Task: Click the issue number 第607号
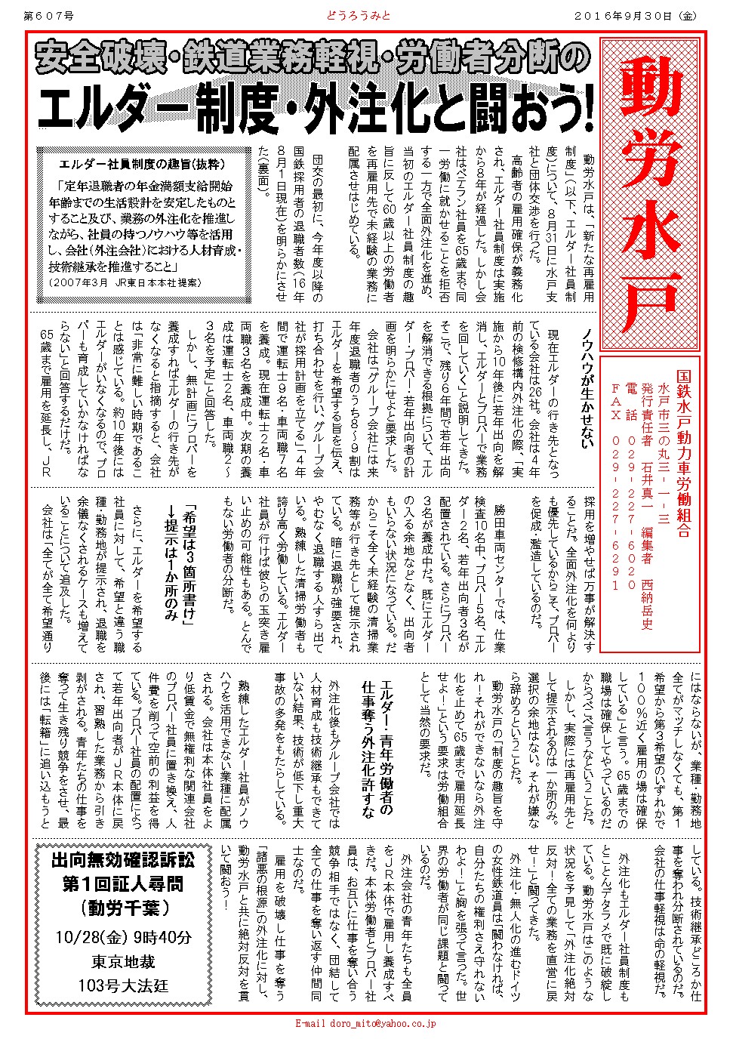pos(51,14)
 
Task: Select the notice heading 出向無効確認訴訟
pos(123,859)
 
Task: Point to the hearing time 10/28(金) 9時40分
pos(123,936)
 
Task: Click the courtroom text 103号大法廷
pos(123,985)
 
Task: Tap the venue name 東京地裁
pos(123,961)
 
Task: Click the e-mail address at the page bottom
pos(365,1024)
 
